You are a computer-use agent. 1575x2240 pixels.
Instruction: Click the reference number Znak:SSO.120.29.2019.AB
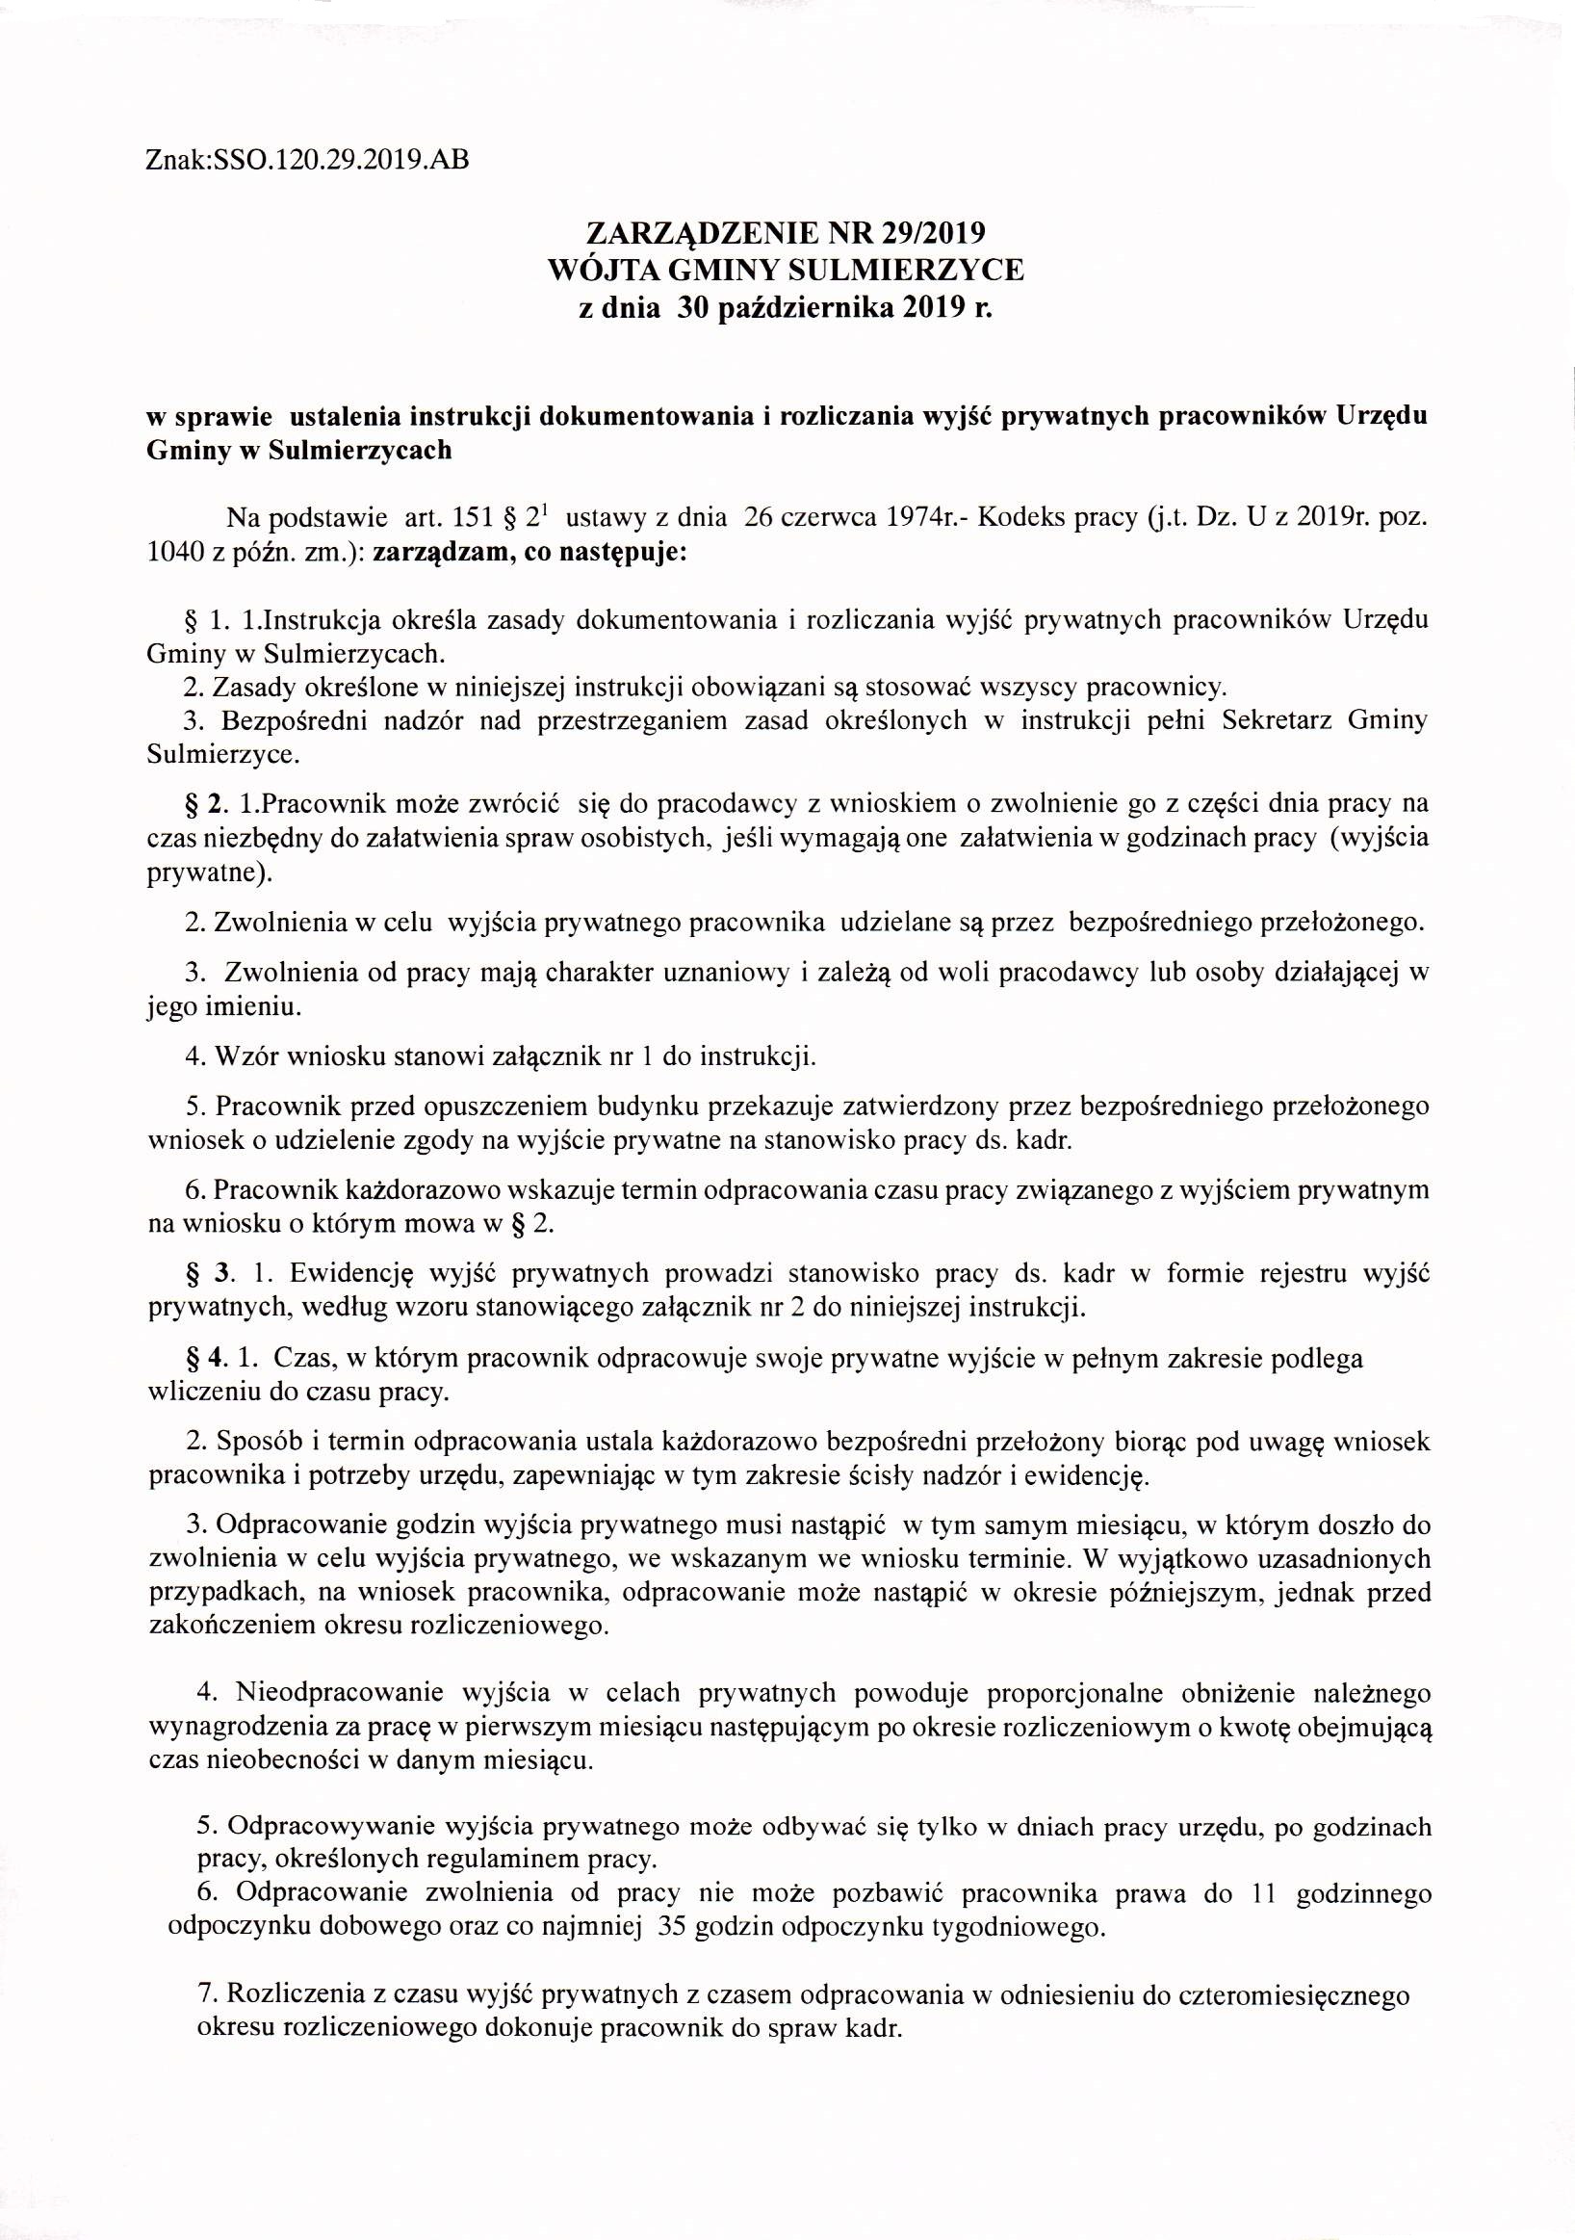[306, 158]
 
